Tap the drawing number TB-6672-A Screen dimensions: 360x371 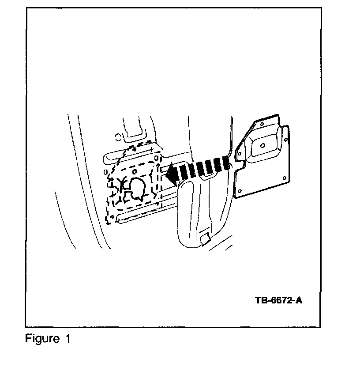pyautogui.click(x=278, y=301)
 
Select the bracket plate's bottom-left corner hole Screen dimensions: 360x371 pyautogui.click(x=240, y=189)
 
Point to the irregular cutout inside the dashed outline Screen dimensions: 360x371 pyautogui.click(x=136, y=189)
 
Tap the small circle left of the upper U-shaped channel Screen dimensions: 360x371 pyautogui.click(x=118, y=136)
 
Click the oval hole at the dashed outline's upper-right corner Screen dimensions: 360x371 pyautogui.click(x=156, y=158)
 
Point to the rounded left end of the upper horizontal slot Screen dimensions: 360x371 pyautogui.click(x=106, y=157)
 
